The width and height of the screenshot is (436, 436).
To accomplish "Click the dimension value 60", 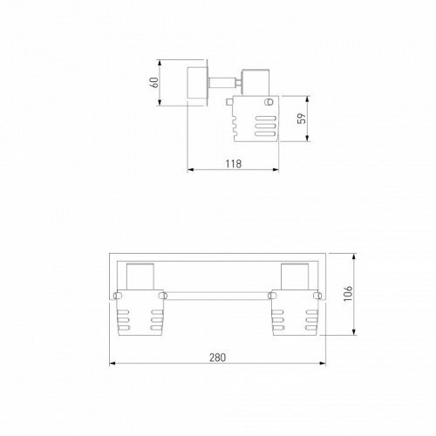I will [x=153, y=83].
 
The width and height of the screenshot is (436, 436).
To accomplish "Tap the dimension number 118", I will [x=233, y=163].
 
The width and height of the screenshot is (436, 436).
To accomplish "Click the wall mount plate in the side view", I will [x=197, y=83].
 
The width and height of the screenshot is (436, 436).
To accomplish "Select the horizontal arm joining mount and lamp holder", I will [x=223, y=84].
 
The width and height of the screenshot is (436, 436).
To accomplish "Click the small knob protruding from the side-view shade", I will [x=228, y=105].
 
